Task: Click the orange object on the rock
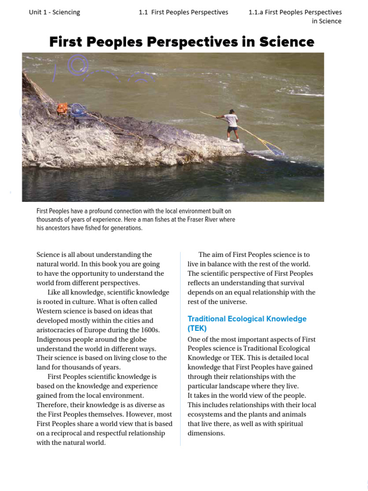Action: pyautogui.click(x=62, y=108)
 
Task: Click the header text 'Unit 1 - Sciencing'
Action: pyautogui.click(x=54, y=12)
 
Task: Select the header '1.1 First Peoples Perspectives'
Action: pyautogui.click(x=184, y=12)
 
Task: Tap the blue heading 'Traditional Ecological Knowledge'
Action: pyautogui.click(x=247, y=319)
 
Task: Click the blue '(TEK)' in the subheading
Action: pyautogui.click(x=197, y=328)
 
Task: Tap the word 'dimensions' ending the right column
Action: pyautogui.click(x=206, y=433)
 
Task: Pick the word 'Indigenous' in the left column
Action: pyautogui.click(x=54, y=339)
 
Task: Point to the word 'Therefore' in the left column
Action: pyautogui.click(x=53, y=405)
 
